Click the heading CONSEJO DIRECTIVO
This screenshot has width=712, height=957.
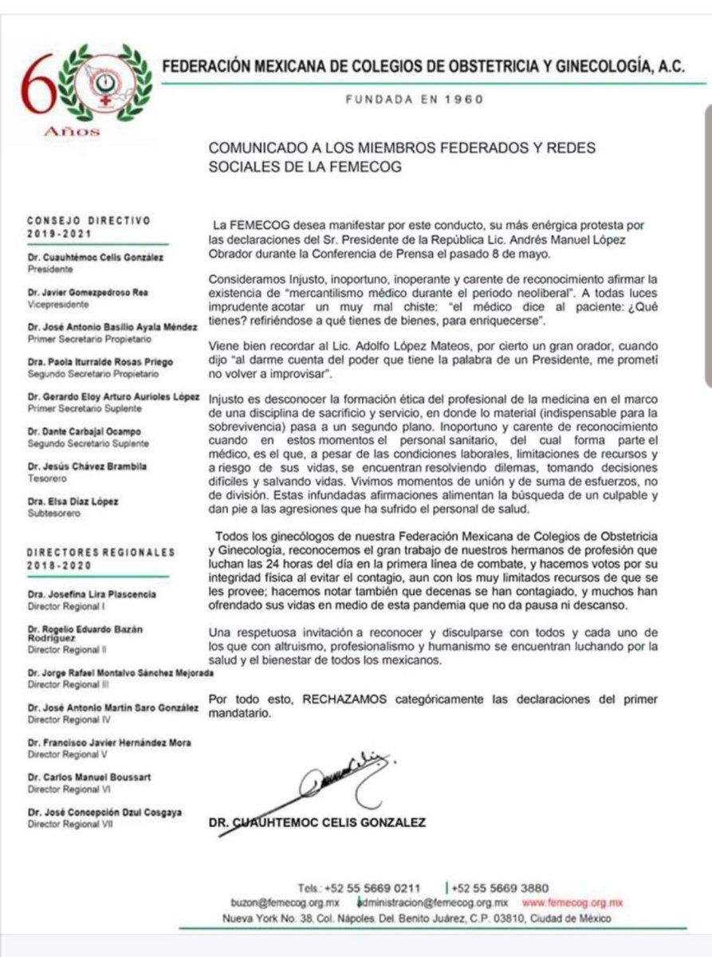coord(89,220)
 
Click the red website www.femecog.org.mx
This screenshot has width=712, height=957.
coord(572,903)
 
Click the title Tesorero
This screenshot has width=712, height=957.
coord(46,477)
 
